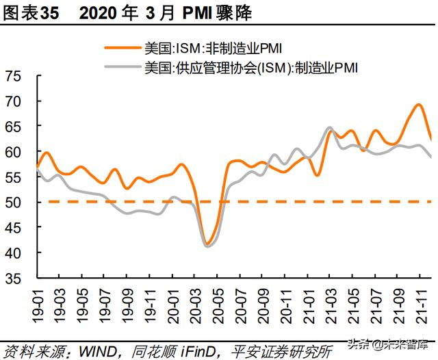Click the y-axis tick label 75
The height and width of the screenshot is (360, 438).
13,76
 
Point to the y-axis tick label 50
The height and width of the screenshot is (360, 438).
13,203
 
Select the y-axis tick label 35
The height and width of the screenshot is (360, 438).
13,279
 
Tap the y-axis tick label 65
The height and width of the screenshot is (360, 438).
13,127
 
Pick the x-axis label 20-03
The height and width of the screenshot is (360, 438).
195,301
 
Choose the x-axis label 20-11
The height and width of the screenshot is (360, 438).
285,301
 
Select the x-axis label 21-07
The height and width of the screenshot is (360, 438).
374,301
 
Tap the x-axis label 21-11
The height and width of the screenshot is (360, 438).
419,301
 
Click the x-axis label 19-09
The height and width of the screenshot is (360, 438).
128,301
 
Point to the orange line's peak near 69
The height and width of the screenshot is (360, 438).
418,105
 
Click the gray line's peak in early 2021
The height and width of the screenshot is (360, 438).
329,128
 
